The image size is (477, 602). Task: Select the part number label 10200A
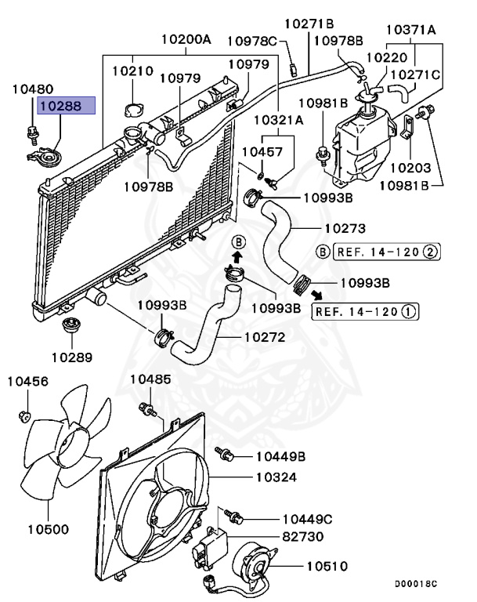tap(186, 38)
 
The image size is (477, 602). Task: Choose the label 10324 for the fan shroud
tap(274, 476)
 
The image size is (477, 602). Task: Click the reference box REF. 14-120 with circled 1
tap(366, 311)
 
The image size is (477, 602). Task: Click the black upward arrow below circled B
tap(238, 256)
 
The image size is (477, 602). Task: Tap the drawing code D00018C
tap(415, 584)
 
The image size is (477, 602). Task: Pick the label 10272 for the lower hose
tap(262, 339)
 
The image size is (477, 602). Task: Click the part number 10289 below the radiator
tap(73, 357)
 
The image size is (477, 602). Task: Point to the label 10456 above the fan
tap(28, 382)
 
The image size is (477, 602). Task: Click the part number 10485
tap(149, 379)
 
